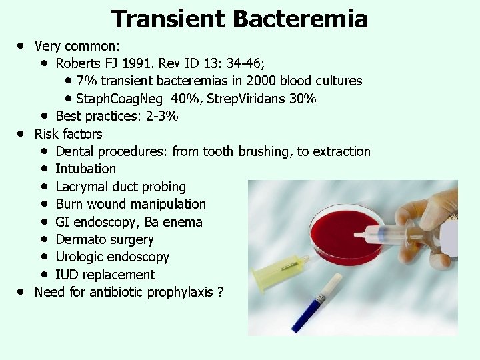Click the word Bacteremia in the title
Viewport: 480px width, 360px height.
click(x=300, y=19)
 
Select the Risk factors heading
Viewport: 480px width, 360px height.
click(x=68, y=134)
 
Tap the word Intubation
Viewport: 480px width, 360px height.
click(x=85, y=169)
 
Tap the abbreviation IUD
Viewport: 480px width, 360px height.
click(x=67, y=275)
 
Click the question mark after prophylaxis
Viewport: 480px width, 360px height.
click(x=220, y=292)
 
